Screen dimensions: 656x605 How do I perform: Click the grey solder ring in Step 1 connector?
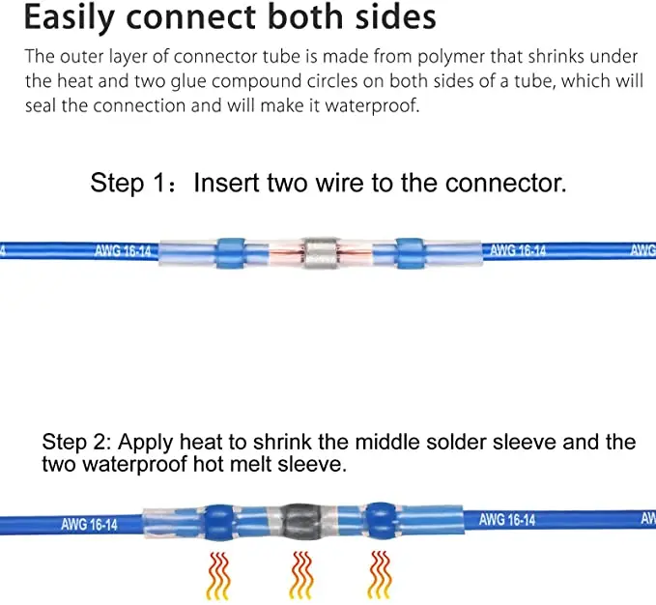320,251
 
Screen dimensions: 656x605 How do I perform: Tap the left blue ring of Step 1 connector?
232,251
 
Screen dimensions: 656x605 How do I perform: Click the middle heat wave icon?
302,575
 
